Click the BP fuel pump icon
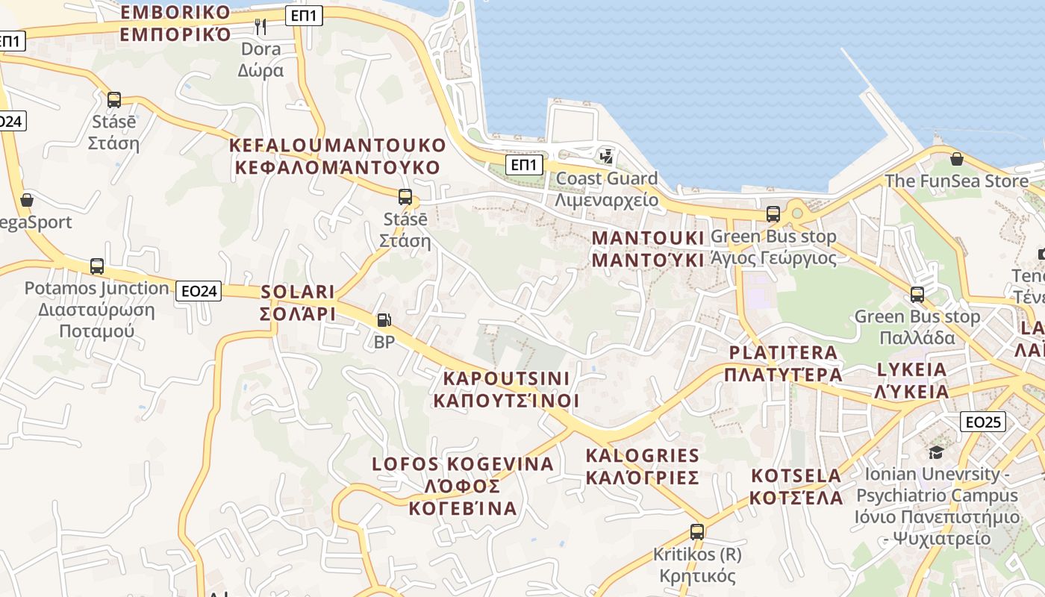[384, 320]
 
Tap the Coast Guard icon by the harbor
[606, 157]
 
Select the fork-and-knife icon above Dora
[261, 27]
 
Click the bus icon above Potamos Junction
[97, 266]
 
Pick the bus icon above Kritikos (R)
[696, 532]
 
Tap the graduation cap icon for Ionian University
[936, 452]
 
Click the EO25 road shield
[982, 422]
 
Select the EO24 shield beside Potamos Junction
[199, 291]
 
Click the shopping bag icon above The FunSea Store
[956, 159]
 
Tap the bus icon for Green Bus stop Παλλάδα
[917, 295]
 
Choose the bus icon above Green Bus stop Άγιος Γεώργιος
[773, 214]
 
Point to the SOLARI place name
[298, 303]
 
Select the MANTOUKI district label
[648, 249]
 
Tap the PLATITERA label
[783, 363]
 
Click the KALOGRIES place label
[642, 466]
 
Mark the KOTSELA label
[796, 487]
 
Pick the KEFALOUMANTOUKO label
[337, 156]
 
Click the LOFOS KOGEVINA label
[463, 486]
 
